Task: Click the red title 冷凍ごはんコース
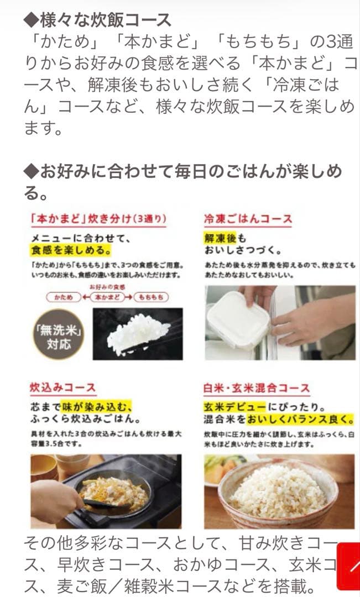click(x=248, y=218)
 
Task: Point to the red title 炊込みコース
click(x=62, y=387)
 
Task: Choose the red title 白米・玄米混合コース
click(x=257, y=388)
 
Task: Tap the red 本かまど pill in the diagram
click(x=108, y=297)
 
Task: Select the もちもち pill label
click(x=152, y=297)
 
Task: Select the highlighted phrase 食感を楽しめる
click(x=70, y=250)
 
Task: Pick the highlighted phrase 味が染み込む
click(x=96, y=406)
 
